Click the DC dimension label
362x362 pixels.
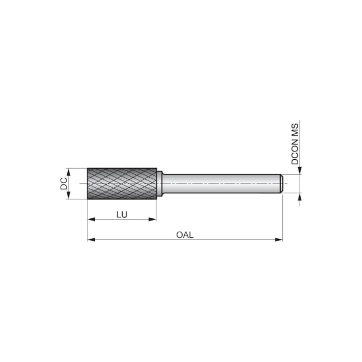click(x=64, y=183)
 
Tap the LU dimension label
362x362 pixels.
click(x=122, y=214)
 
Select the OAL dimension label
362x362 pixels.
click(x=184, y=234)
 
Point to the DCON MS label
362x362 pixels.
click(x=295, y=143)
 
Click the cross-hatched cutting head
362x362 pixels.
click(x=121, y=183)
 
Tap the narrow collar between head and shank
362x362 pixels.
click(x=159, y=183)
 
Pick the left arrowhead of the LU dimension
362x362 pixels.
click(x=91, y=219)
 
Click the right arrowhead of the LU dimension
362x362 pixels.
click(x=153, y=219)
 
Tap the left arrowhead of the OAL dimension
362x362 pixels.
click(x=91, y=240)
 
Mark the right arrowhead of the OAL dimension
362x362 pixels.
click(x=280, y=240)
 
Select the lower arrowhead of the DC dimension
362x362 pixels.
click(x=70, y=196)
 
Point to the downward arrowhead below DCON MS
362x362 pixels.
click(x=300, y=170)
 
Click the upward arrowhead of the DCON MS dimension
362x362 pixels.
click(x=300, y=197)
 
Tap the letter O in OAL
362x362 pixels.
click(x=179, y=234)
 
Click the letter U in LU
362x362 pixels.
click(x=125, y=214)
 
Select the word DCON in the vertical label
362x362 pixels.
click(x=295, y=151)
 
